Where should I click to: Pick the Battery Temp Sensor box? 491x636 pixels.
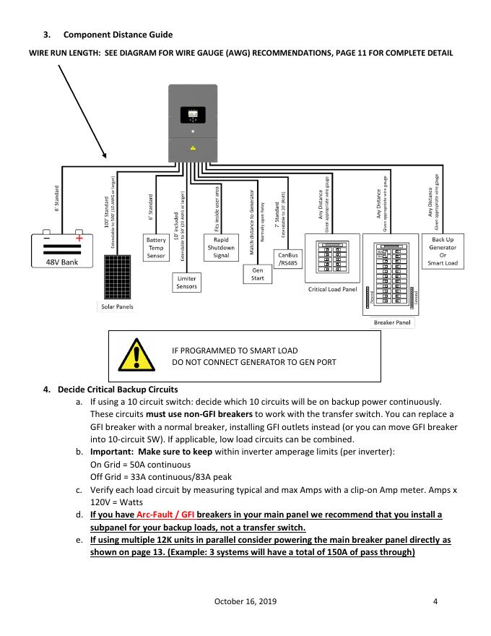[x=156, y=247]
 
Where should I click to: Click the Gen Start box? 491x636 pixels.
[x=257, y=274]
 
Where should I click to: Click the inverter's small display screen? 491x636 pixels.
[x=193, y=114]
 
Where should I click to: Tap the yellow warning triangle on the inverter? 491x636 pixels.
[x=193, y=147]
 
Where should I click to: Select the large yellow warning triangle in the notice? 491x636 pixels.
[x=131, y=356]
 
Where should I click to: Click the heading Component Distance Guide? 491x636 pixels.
[x=118, y=34]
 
